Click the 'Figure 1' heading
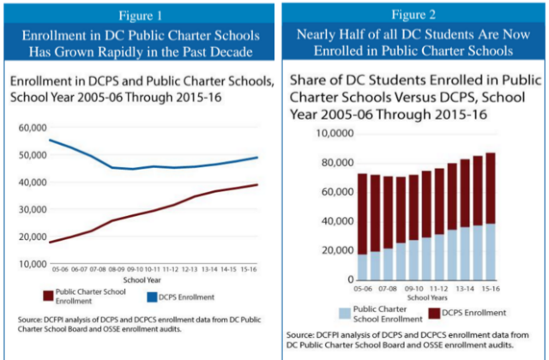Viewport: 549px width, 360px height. pyautogui.click(x=136, y=14)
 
